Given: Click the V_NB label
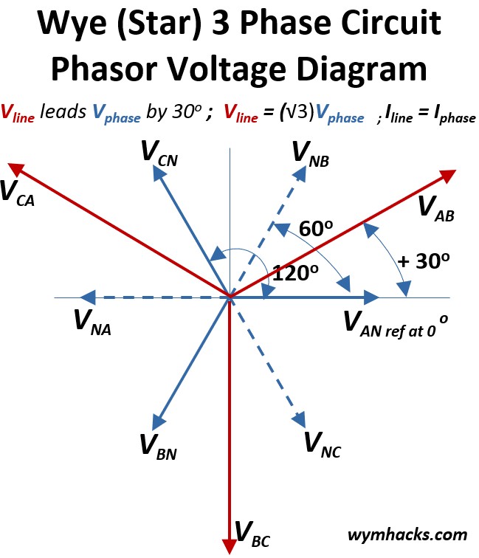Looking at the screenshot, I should pos(310,154).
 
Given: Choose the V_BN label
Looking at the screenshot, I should pos(158,446).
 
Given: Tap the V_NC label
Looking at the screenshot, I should pos(322,444).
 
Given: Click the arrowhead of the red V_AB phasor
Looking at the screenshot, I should pos(448,175).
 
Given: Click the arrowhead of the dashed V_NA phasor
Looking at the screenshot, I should pos(87,297).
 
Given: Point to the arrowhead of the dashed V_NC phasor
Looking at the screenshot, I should pos(300,418).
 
